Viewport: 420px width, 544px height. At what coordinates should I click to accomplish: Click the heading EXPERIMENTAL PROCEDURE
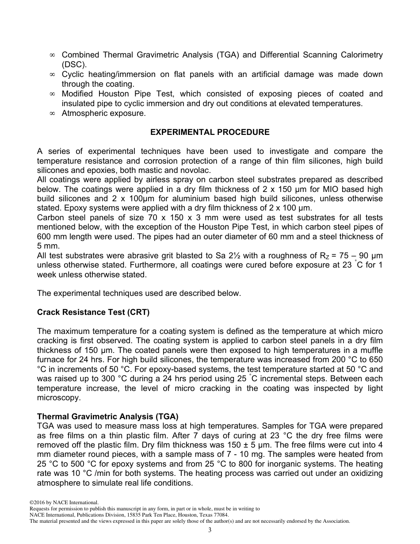[210, 132]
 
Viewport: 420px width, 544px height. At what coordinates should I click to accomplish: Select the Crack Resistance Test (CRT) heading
[93, 312]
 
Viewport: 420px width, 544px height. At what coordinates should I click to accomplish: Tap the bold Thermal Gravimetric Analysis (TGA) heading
[108, 417]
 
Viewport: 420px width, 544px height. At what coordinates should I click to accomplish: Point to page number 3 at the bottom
[210, 530]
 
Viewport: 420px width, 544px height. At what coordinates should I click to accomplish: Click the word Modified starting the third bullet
[77, 94]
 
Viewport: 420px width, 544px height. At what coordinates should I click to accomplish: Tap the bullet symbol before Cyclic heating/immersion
[52, 74]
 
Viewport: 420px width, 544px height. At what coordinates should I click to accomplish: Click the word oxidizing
[361, 473]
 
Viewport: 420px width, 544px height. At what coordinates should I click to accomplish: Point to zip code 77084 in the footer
[219, 515]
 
